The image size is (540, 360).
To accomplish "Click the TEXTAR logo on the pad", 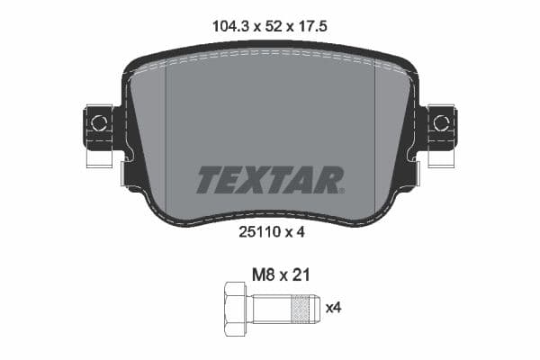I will click(x=269, y=179).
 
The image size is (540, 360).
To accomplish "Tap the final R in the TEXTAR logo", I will click(x=330, y=179).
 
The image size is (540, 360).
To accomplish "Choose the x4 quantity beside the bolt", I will click(x=333, y=309).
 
